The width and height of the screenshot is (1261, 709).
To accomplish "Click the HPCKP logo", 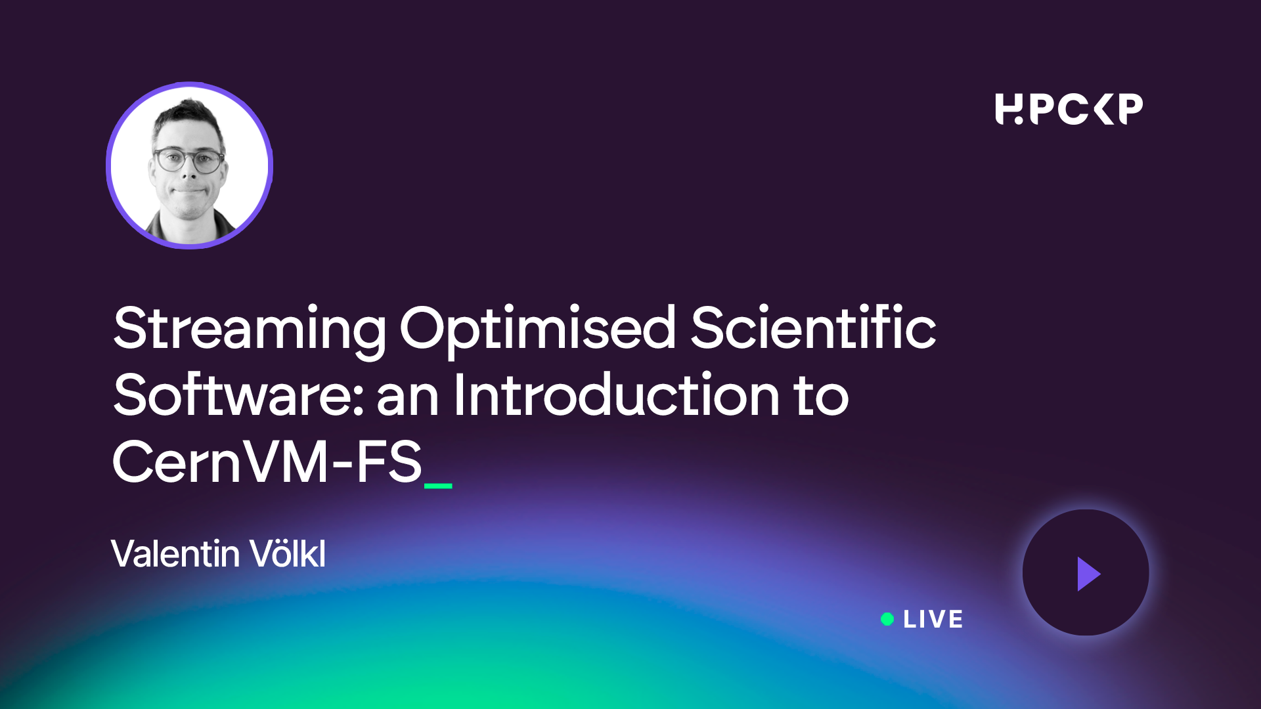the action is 1069,109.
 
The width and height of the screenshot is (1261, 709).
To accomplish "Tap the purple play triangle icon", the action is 1088,574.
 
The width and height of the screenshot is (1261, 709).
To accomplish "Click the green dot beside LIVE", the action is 887,619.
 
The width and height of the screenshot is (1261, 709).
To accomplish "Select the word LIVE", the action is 933,619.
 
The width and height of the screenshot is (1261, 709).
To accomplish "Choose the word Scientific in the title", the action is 813,326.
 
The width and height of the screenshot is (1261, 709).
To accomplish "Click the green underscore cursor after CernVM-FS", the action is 438,486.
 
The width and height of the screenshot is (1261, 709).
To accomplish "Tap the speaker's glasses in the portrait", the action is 188,160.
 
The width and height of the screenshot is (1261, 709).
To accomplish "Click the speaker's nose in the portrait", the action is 189,172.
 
